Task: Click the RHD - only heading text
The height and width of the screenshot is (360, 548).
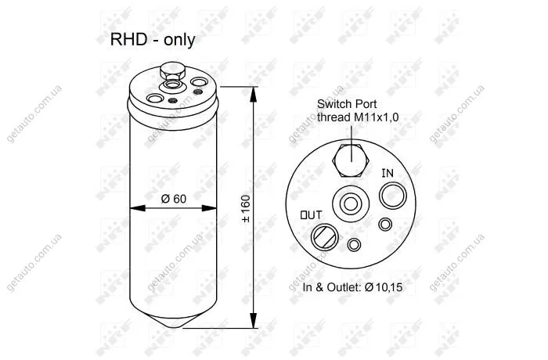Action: (153, 40)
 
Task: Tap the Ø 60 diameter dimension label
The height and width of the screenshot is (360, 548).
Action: (174, 199)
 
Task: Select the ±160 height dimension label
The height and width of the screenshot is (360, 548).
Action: (246, 209)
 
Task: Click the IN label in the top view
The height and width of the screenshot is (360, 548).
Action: (388, 173)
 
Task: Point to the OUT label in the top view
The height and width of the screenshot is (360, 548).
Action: (311, 215)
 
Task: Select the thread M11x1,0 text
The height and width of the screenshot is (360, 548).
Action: (358, 117)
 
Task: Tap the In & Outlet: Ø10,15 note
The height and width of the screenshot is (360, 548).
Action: (352, 287)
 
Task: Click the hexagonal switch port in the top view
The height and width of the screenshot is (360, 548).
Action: (351, 161)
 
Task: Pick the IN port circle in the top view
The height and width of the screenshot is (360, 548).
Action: (393, 196)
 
